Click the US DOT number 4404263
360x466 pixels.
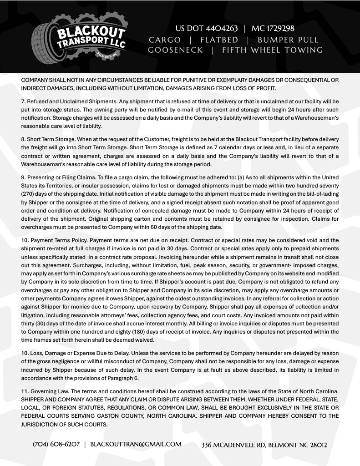coord(209,28)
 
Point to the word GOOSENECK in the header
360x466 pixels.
coord(175,50)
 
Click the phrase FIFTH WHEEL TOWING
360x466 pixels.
coord(272,50)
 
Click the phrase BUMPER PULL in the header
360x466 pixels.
coord(288,40)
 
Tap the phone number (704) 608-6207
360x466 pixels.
coord(56,444)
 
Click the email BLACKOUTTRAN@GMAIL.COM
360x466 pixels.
coord(136,444)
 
